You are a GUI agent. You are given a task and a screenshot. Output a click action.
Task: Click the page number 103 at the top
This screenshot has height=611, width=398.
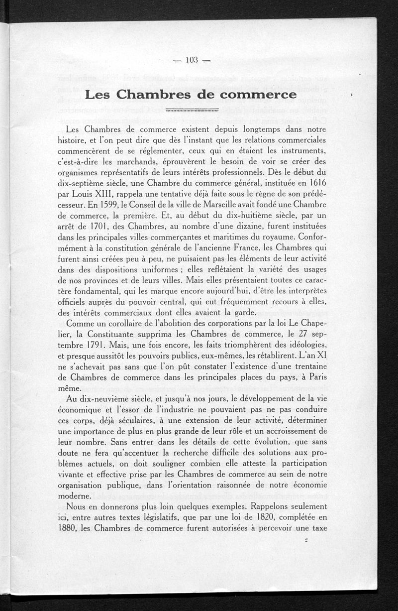192,60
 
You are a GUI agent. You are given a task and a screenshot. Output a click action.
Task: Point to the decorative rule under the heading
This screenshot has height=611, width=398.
192,109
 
